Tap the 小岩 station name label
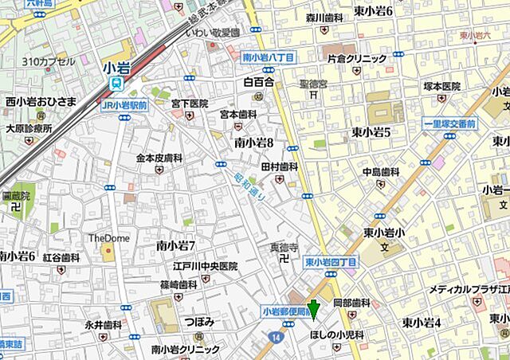coord(116,68)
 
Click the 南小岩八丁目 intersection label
coord(269,57)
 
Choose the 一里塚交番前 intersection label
coord(449,124)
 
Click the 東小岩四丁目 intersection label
coord(331,261)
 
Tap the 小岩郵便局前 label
coord(287,313)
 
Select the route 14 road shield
coord(276,338)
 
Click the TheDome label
coord(108,237)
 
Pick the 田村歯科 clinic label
coord(279,166)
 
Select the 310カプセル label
coord(49,61)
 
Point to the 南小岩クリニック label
coord(185,349)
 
